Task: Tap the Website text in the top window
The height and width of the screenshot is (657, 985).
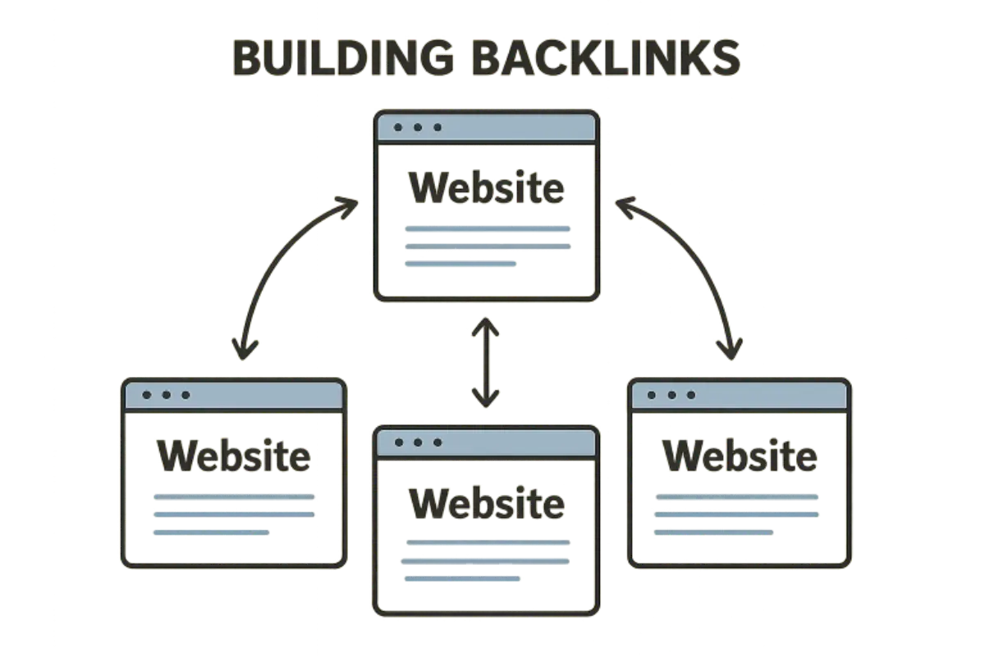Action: pyautogui.click(x=486, y=189)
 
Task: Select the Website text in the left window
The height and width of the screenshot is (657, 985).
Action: pyautogui.click(x=234, y=456)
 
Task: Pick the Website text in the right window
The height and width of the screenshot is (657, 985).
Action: pyautogui.click(x=740, y=456)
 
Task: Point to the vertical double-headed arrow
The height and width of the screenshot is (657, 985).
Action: pyautogui.click(x=486, y=362)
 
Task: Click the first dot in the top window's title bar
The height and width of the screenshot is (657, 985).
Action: pyautogui.click(x=399, y=127)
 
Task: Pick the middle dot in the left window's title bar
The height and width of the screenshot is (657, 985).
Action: pyautogui.click(x=166, y=395)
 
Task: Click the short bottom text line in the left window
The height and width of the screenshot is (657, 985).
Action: pyautogui.click(x=211, y=532)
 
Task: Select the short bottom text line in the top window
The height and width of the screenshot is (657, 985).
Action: pyautogui.click(x=460, y=264)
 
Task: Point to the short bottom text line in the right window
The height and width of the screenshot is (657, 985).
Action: pyautogui.click(x=712, y=532)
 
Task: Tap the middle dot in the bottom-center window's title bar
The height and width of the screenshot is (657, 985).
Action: pyautogui.click(x=418, y=443)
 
